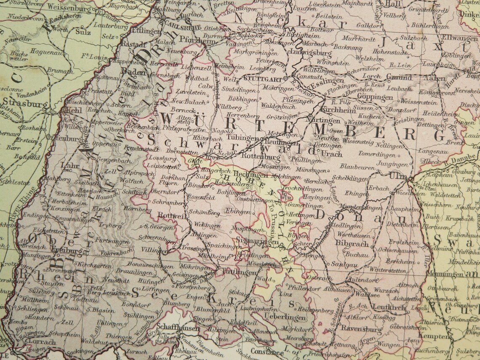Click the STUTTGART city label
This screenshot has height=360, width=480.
point(263,78)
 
